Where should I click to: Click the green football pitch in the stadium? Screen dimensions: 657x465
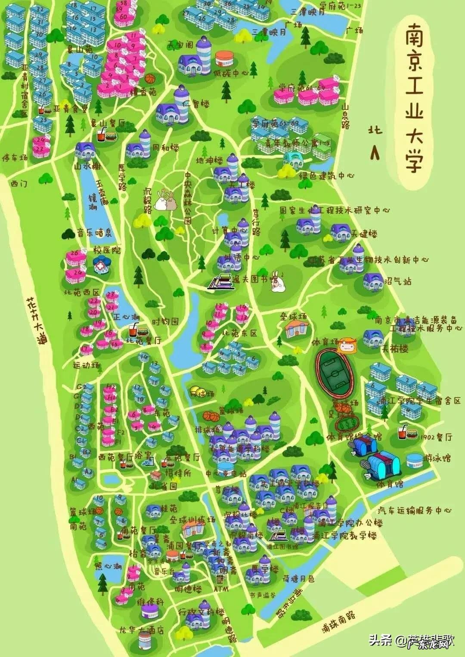(x=335, y=371)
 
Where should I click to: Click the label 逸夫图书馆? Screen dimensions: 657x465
(x=249, y=280)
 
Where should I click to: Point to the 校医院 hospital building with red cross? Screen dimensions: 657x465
(x=102, y=265)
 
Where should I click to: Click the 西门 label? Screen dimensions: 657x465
(x=19, y=184)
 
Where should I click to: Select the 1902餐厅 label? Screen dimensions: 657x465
(x=437, y=437)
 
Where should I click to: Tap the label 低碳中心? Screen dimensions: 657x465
(x=231, y=73)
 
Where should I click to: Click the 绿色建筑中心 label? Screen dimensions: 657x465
(x=327, y=176)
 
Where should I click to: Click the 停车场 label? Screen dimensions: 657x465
(x=15, y=158)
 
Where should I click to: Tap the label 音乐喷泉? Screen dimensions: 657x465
(x=94, y=233)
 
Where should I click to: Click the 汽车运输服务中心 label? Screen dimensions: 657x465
(x=414, y=510)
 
